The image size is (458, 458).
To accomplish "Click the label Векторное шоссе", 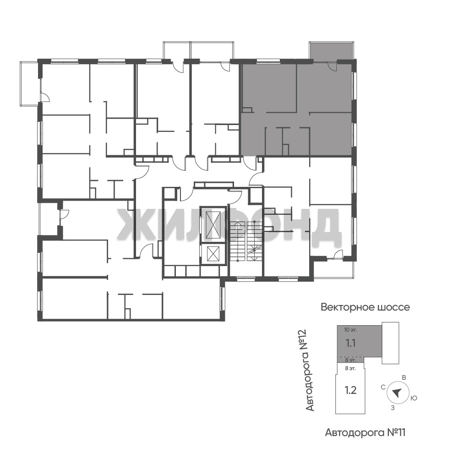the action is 365,307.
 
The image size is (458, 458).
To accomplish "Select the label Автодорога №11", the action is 365,432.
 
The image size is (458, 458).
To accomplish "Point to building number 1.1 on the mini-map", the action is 350,343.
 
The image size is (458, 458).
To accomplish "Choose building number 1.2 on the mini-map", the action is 350,390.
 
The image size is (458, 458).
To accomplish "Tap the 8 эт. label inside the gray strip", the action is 350,360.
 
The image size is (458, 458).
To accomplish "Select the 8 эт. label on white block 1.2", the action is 350,368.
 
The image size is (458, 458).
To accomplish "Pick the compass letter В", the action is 404,378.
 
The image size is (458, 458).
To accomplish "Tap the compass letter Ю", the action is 414,398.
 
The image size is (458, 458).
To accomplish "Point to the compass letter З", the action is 393,408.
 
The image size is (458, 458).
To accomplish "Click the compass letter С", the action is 383,387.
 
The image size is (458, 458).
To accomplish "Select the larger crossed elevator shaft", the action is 213,224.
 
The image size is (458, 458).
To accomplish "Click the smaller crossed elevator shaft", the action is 213,254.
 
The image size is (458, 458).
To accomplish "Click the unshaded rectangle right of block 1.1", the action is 391,343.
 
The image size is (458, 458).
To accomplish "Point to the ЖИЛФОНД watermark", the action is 229,224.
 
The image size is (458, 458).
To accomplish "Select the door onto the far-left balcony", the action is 44,97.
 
